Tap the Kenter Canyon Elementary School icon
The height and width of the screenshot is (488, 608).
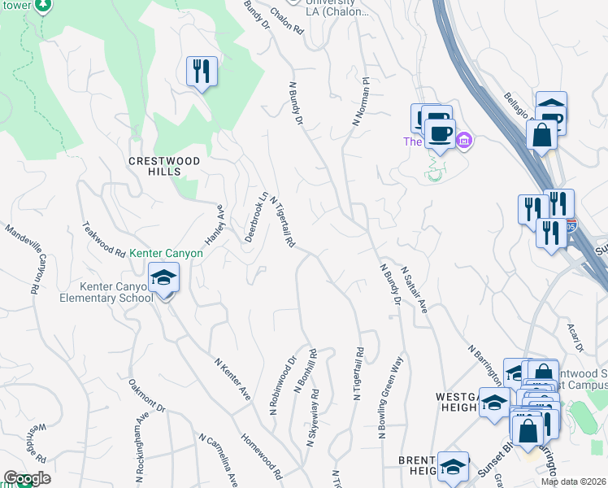[x=163, y=279]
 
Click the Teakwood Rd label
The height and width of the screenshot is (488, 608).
[x=103, y=240]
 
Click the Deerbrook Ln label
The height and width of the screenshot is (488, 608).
[x=256, y=217]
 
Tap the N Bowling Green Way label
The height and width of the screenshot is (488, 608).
[x=390, y=398]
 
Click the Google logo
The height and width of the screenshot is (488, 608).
[x=26, y=478]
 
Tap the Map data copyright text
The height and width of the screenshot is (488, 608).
[x=573, y=481]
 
